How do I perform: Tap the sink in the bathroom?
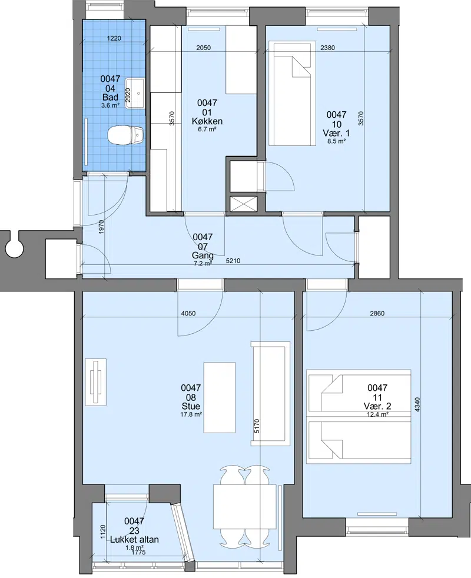pyautogui.click(x=134, y=93)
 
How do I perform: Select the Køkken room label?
pyautogui.click(x=207, y=121)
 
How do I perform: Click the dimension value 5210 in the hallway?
pyautogui.click(x=233, y=261)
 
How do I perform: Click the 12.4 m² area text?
pyautogui.click(x=378, y=414)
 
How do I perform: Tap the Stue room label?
pyautogui.click(x=191, y=406)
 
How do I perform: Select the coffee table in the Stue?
pyautogui.click(x=220, y=397)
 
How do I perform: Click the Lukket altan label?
pyautogui.click(x=134, y=539)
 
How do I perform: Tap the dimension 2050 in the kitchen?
pyautogui.click(x=203, y=48)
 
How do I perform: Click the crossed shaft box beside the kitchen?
pyautogui.click(x=243, y=204)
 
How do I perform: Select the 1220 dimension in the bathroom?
pyautogui.click(x=114, y=38)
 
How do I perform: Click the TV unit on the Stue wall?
pyautogui.click(x=96, y=382)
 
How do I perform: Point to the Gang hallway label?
pyautogui.click(x=203, y=255)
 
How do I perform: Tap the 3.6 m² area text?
pyautogui.click(x=110, y=105)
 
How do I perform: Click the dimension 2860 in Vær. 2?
pyautogui.click(x=377, y=313)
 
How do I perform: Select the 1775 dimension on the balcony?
pyautogui.click(x=138, y=552)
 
